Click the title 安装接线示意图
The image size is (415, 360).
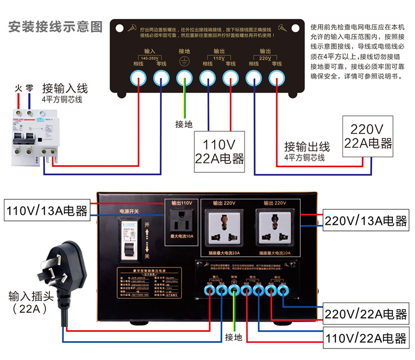click(55, 27)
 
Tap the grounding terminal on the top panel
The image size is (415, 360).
click(184, 79)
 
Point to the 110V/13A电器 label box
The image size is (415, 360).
click(47, 210)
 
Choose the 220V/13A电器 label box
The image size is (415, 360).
click(366, 220)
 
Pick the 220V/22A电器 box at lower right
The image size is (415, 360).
click(366, 313)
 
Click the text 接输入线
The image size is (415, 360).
click(65, 89)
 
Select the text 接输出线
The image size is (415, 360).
click(307, 147)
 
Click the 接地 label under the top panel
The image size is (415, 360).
click(184, 124)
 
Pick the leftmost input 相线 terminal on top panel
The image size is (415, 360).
click(137, 79)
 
